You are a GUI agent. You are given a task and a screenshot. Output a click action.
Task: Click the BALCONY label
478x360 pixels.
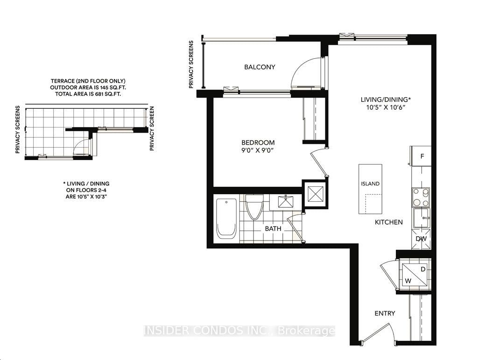tap(260, 67)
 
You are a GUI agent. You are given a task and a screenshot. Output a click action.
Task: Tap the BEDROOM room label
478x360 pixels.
tap(258, 142)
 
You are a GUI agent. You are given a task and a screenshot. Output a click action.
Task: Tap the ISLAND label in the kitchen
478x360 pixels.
tap(370, 184)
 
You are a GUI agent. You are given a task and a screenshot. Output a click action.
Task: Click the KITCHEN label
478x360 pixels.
tap(389, 222)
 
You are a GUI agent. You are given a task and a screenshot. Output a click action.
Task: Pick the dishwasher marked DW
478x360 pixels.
tap(421, 239)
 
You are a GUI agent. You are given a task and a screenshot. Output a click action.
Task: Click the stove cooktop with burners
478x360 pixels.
tap(421, 197)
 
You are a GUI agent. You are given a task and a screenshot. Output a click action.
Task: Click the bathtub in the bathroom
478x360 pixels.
tap(227, 218)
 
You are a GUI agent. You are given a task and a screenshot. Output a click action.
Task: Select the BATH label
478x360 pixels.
tap(273, 229)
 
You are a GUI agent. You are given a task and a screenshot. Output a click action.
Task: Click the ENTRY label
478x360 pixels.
tap(385, 313)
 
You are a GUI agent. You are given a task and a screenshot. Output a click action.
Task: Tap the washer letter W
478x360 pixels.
tap(407, 281)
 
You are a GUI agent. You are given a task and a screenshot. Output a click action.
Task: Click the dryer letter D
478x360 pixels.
tap(423, 269)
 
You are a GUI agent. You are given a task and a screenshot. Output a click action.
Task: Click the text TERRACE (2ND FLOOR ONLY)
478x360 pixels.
tap(88, 81)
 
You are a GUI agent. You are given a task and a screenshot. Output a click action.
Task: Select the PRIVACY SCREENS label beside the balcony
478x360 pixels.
tap(191, 64)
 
